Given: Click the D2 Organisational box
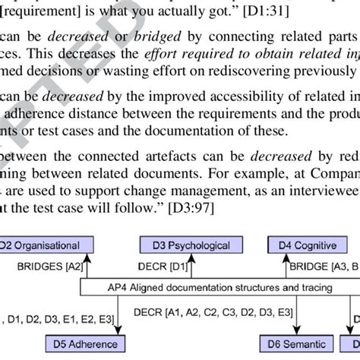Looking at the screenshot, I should coord(46,245).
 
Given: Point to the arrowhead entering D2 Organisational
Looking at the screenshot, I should coord(89,258).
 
